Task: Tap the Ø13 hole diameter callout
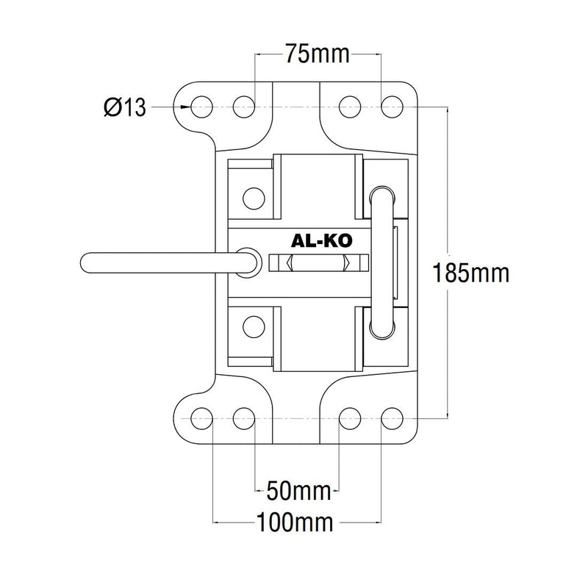(125, 108)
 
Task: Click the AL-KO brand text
(320, 240)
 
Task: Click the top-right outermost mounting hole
(391, 107)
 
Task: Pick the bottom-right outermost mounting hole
(391, 418)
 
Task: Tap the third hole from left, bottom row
(348, 418)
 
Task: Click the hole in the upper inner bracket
(253, 196)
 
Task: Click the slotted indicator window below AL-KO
(319, 263)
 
